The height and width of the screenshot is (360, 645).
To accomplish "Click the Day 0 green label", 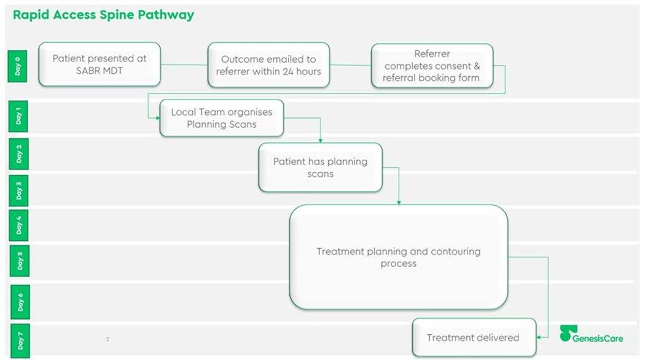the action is tap(18, 66).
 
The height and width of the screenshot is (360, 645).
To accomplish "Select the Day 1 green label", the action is tap(18, 117).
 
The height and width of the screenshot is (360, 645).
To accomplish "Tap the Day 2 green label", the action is tap(18, 154).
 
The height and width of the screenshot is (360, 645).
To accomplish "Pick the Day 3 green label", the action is tap(18, 190).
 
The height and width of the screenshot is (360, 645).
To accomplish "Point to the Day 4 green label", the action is tap(19, 225).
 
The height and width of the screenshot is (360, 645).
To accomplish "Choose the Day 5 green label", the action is tap(19, 261).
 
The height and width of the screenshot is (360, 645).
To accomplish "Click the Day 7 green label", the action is tap(20, 341).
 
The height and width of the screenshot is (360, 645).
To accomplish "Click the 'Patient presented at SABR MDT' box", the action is tap(100, 64).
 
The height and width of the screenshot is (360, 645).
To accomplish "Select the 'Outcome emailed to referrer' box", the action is tap(268, 65).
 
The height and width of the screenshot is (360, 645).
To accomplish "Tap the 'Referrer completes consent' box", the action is tap(432, 66).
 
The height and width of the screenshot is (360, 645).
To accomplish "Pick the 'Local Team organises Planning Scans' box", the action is tap(222, 118).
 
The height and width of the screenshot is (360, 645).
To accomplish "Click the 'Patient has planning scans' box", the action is tap(321, 168).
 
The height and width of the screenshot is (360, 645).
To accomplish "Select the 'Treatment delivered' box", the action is tap(474, 337).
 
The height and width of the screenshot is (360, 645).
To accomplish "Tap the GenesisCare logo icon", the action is tap(568, 333).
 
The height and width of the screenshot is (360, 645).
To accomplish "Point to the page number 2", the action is tap(107, 339).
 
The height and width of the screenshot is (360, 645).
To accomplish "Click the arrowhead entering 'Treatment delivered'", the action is tap(539, 337).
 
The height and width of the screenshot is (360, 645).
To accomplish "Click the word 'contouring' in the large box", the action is tap(456, 251).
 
